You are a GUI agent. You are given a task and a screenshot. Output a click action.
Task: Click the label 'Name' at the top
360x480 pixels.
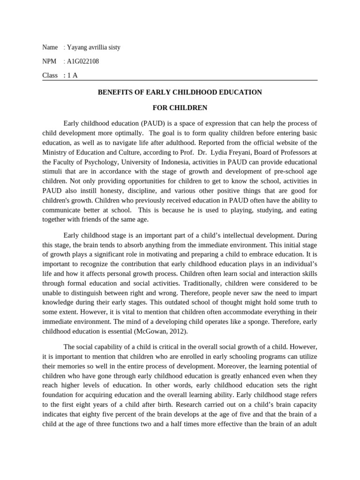pos(50,47)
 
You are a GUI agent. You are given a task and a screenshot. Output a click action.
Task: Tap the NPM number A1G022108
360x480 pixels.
pos(83,61)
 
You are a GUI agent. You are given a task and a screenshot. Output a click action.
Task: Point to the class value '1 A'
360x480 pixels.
pos(72,75)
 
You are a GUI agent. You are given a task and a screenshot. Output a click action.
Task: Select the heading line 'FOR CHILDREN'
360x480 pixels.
pos(180,108)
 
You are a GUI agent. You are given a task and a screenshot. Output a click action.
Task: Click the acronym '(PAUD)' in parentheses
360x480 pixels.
pos(146,123)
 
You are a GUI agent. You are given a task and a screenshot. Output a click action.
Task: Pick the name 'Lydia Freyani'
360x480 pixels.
pos(231,152)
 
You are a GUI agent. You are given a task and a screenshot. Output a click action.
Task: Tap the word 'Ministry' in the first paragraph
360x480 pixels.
pos(54,152)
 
